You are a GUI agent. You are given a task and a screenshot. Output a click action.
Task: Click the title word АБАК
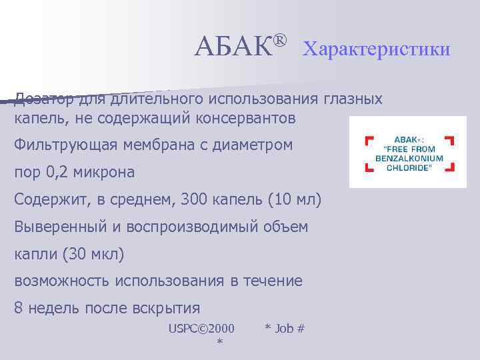pos(233,46)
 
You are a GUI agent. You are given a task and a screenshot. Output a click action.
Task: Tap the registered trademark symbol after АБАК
pos(280,41)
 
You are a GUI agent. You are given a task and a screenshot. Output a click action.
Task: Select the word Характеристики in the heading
pos(376,49)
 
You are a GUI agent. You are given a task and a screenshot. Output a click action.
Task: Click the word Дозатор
pos(44,99)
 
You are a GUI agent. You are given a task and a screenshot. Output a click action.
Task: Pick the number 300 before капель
pos(184,200)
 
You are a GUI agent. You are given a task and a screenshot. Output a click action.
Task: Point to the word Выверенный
pos(63,227)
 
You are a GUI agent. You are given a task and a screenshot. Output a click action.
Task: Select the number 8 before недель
pos(19,308)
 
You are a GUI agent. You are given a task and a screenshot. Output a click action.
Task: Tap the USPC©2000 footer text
pos(201,328)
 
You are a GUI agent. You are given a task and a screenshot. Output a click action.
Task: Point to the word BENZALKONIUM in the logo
pos(408,159)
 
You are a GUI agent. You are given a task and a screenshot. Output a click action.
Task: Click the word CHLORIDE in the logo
pos(408,167)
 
